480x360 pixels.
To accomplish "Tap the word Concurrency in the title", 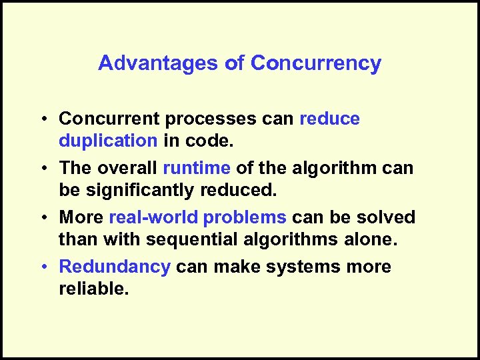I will coord(316,63).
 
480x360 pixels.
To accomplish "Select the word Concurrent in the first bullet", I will coord(109,119).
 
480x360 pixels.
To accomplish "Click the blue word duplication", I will coord(108,141).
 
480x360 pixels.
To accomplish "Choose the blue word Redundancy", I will coord(115,267).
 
